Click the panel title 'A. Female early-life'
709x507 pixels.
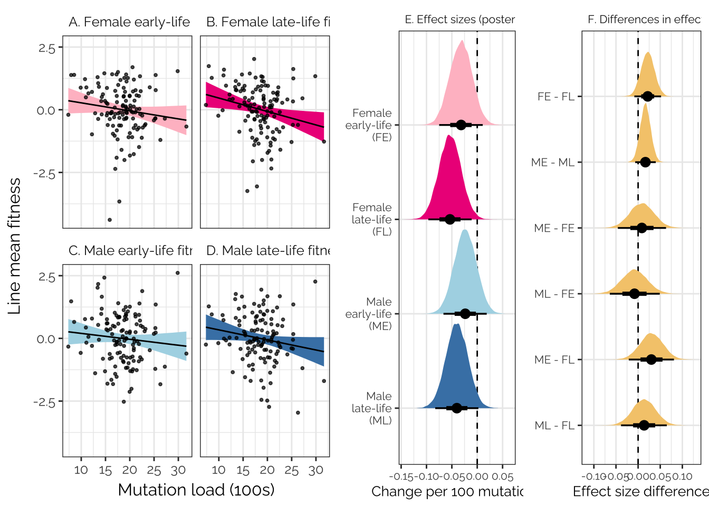click(x=129, y=22)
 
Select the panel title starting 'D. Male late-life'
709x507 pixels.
click(x=268, y=250)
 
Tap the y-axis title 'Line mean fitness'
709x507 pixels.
click(x=15, y=246)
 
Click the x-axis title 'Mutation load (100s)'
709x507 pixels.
click(x=196, y=490)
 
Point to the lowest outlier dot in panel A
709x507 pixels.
click(x=110, y=220)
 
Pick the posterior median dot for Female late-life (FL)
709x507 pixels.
click(x=450, y=219)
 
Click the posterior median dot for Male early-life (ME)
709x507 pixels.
click(x=465, y=314)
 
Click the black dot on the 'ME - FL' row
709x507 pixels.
click(x=651, y=360)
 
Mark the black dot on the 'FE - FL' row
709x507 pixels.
click(x=648, y=96)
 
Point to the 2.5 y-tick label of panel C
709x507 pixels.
click(x=46, y=277)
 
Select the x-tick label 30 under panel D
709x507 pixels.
click(x=315, y=470)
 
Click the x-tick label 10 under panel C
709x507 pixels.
click(x=81, y=470)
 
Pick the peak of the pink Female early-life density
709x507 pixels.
click(x=462, y=41)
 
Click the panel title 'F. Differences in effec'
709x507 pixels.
click(x=644, y=20)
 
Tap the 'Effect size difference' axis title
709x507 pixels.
click(x=640, y=492)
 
